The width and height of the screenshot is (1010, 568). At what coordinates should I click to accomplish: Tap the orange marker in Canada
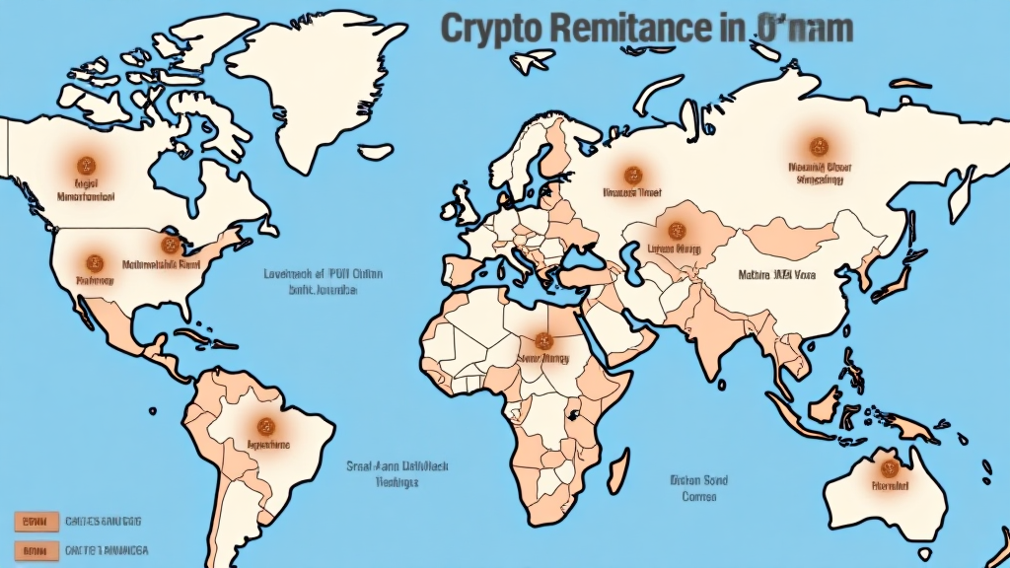(x=84, y=164)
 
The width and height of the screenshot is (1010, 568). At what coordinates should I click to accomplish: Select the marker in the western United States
(x=95, y=262)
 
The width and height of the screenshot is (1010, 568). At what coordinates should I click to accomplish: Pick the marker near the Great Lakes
(x=167, y=244)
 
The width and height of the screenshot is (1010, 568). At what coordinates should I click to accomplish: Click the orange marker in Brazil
(x=264, y=426)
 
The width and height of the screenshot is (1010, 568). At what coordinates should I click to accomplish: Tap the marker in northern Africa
(x=541, y=339)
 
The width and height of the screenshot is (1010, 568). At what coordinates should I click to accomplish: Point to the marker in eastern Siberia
(x=815, y=145)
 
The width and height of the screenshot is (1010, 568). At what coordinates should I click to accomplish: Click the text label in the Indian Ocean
(x=697, y=488)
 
